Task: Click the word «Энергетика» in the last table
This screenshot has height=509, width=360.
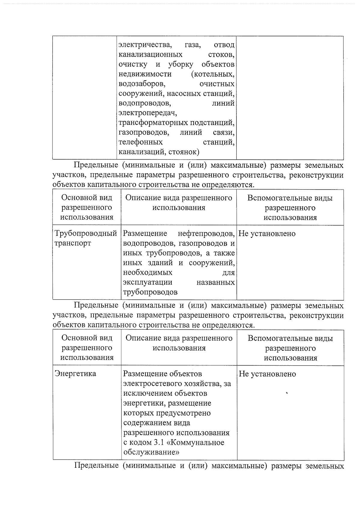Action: point(75,373)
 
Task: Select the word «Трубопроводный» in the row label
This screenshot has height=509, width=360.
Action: point(85,233)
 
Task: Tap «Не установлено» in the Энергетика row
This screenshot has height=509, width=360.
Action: point(267,374)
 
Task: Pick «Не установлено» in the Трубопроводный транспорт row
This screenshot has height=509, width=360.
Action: point(267,233)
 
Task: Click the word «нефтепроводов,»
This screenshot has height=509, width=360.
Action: point(206,233)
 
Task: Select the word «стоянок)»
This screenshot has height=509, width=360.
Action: point(184,152)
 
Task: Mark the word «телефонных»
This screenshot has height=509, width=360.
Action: point(141,142)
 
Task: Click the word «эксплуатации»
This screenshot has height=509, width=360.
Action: point(148,282)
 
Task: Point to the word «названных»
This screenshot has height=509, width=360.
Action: point(215,282)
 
